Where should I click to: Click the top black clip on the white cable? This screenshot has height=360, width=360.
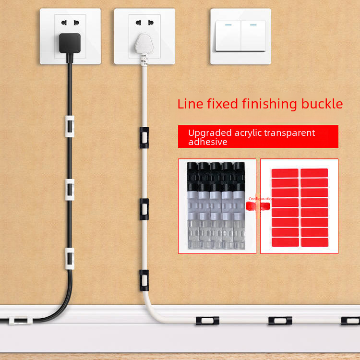point(143,137)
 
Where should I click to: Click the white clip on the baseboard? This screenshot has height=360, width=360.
point(19,319)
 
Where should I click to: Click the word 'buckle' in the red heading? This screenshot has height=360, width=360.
point(324,104)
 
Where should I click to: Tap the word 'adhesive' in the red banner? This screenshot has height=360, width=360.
point(207,142)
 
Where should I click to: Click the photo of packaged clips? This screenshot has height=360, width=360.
point(217,206)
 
